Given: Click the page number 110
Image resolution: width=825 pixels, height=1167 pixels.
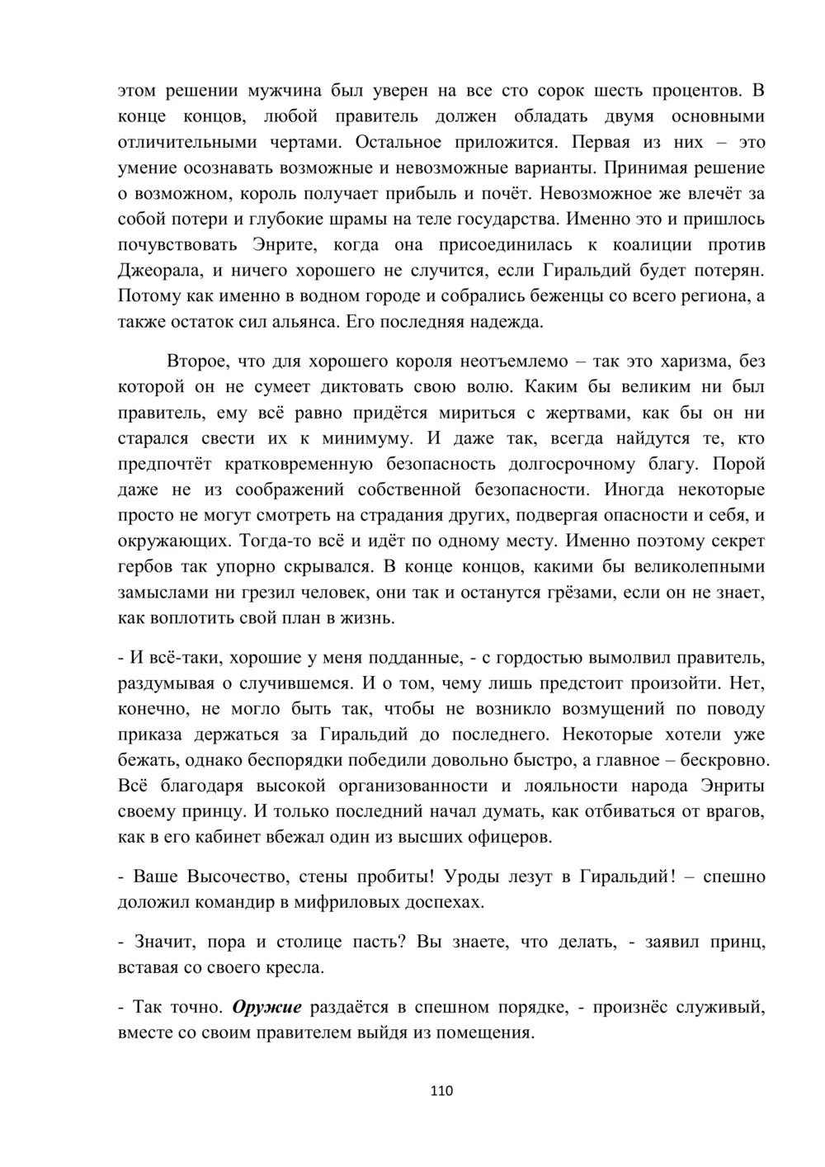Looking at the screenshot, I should pyautogui.click(x=442, y=1090).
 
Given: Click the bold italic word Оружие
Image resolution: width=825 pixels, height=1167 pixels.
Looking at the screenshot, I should pyautogui.click(x=267, y=1007).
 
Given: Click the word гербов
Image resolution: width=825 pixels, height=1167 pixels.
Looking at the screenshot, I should pyautogui.click(x=145, y=567).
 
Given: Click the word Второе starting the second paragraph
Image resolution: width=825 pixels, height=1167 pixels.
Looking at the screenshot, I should pyautogui.click(x=197, y=361).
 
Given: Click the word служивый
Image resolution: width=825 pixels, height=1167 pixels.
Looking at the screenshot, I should pyautogui.click(x=725, y=1007).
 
